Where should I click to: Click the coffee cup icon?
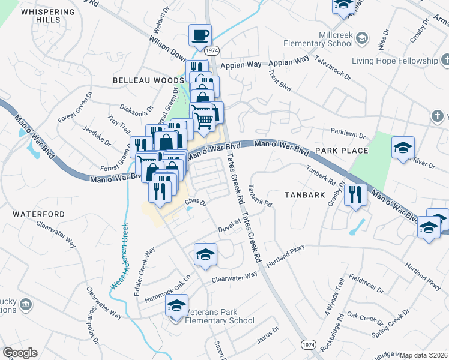200,35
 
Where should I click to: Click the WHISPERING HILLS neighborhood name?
48,16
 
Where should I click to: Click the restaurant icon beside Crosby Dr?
355,194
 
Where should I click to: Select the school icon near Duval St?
205,254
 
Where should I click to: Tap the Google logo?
20,353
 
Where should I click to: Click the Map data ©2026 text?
424,355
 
